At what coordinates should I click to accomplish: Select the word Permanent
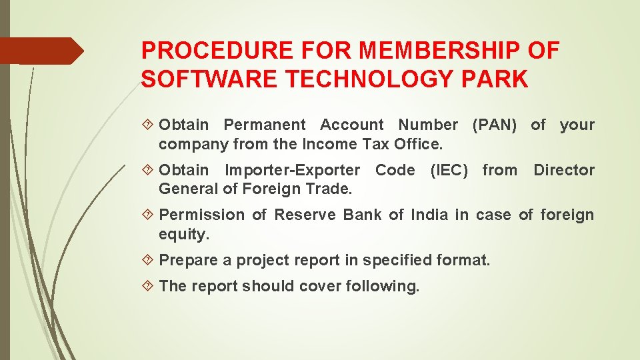click(265, 125)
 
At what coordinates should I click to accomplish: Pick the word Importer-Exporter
click(293, 170)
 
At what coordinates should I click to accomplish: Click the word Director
click(564, 170)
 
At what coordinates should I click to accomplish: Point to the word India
click(430, 215)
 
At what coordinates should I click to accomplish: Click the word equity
click(184, 233)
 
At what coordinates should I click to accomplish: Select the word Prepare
click(189, 260)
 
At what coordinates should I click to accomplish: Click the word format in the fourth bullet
click(463, 260)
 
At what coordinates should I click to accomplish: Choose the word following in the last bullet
click(387, 286)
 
